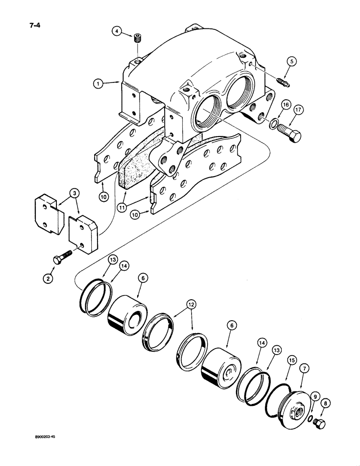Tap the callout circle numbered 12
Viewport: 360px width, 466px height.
point(192,304)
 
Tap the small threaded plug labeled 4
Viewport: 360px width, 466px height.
point(138,38)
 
